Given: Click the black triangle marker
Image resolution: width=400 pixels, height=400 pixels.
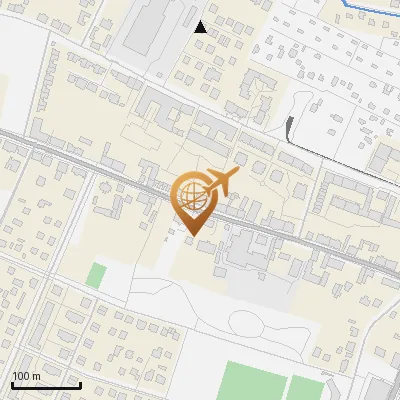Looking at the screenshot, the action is (x=201, y=27).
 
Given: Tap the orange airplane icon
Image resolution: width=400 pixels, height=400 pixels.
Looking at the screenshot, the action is (x=221, y=182).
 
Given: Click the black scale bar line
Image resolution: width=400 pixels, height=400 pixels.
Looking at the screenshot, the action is (x=46, y=385).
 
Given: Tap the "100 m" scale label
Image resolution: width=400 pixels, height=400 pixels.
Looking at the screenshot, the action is (x=26, y=376).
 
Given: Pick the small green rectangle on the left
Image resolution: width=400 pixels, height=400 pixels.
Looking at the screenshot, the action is (x=95, y=275).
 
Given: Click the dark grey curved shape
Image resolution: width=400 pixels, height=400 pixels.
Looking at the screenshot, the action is (x=290, y=127).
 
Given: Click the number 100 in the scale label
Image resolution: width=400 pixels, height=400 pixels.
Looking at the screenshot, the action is (x=21, y=376).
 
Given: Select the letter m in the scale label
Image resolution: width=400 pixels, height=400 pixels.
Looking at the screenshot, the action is (x=36, y=376).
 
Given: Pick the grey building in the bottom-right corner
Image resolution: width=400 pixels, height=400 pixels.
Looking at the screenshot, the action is (x=381, y=388).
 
